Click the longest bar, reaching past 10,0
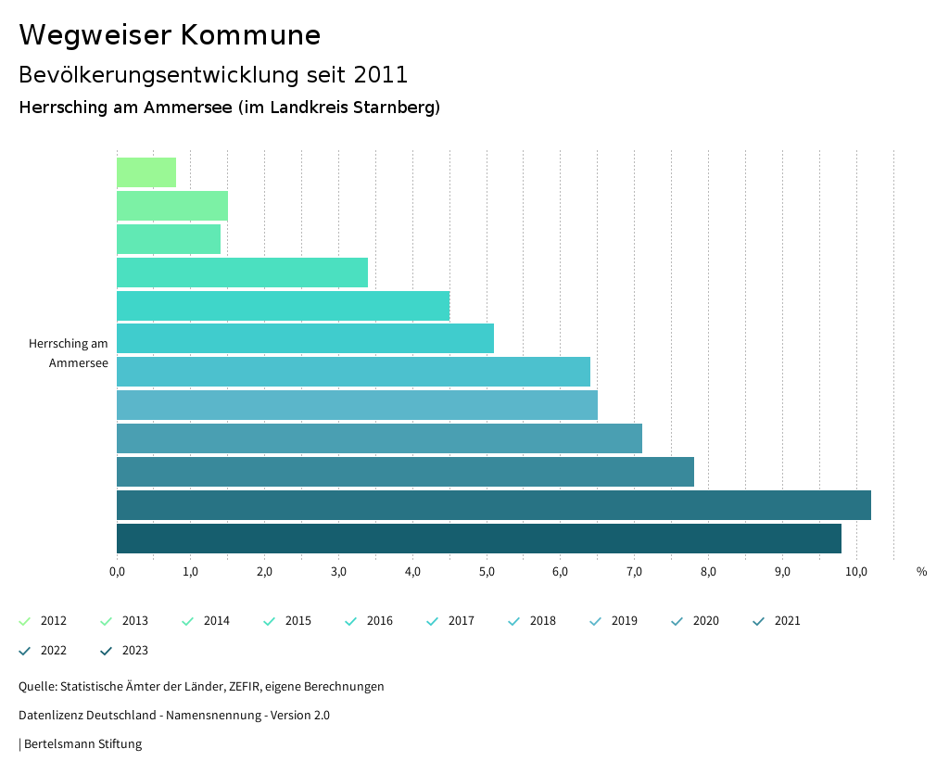(493, 505)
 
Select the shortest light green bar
(146, 172)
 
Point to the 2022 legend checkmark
(25, 651)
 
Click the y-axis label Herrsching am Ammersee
(69, 353)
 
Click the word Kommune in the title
(250, 35)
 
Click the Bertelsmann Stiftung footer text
(82, 743)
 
